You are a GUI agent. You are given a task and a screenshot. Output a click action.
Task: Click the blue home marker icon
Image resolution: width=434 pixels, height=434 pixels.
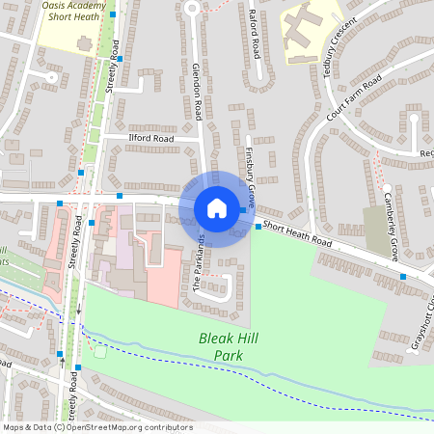(217, 208)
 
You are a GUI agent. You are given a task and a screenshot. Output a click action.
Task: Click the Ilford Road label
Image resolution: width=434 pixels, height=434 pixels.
(151, 139)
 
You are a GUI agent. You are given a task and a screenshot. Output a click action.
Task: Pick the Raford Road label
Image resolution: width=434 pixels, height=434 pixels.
(256, 34)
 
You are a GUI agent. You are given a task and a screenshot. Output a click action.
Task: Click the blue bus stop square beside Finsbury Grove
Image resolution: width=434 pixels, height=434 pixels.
(258, 227)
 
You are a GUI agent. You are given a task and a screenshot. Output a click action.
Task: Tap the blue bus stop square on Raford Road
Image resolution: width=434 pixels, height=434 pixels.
(258, 55)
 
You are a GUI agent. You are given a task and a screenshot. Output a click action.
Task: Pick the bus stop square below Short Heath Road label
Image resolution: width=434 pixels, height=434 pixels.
(403, 277)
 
